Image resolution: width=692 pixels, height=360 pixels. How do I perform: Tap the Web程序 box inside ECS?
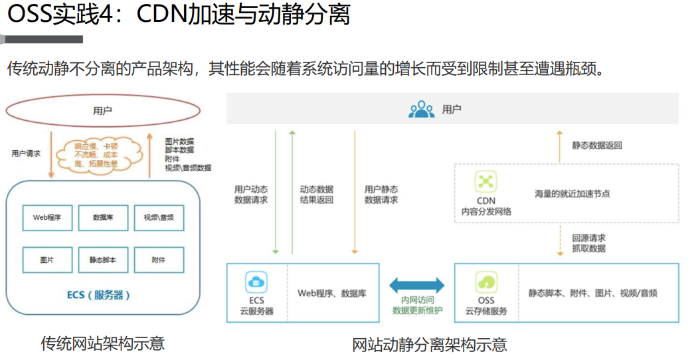click(47, 218)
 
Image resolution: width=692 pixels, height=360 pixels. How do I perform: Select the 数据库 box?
click(102, 218)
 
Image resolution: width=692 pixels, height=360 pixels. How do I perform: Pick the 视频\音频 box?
click(158, 218)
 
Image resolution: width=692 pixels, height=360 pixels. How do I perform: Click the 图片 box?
click(47, 260)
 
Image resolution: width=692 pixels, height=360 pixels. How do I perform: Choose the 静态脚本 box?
click(102, 260)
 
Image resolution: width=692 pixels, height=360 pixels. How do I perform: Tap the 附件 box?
click(158, 260)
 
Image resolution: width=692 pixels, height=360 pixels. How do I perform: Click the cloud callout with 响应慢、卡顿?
click(101, 155)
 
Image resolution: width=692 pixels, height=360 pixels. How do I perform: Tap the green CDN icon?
click(486, 181)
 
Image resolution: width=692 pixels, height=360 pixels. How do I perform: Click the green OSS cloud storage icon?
click(486, 282)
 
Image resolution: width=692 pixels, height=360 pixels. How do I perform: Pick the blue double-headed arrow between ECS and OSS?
click(417, 285)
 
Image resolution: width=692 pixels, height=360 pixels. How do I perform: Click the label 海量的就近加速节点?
click(572, 194)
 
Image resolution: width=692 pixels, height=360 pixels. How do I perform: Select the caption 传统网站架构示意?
click(102, 343)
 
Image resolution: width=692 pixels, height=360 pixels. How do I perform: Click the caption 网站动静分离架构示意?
click(429, 345)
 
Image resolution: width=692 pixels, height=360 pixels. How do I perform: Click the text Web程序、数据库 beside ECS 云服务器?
click(331, 293)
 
